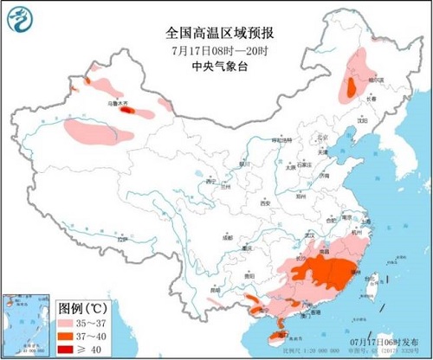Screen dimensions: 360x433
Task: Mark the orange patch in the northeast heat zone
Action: tap(351, 87)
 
